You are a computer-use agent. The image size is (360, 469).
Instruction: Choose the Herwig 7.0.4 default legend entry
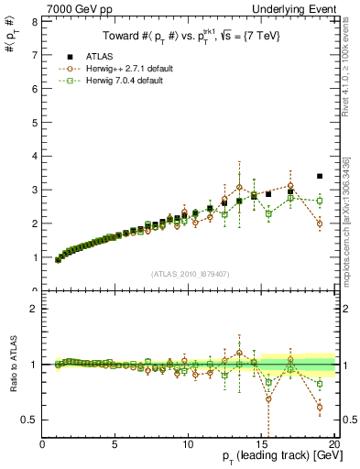115,81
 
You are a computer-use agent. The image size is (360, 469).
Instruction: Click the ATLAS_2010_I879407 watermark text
189,273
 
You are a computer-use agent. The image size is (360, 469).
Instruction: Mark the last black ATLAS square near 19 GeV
320,176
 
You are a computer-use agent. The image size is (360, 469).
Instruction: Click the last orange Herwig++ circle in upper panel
320,224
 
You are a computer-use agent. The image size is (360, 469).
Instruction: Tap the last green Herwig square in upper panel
320,201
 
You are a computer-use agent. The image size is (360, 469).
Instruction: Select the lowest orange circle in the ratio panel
320,407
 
